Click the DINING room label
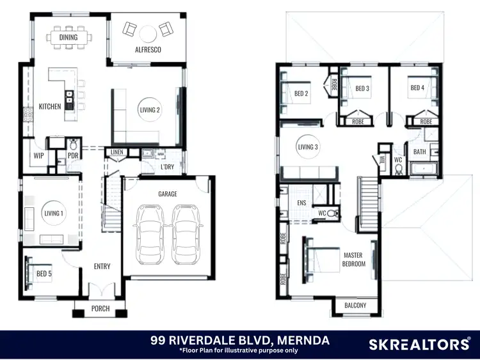[68, 38]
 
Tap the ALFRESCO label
[148, 49]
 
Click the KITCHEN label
[49, 107]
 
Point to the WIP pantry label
[38, 155]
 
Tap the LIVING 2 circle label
[150, 110]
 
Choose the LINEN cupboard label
[117, 152]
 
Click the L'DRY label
[167, 167]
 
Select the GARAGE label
[168, 194]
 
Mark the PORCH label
[100, 309]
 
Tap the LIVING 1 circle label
[53, 214]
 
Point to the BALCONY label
[355, 306]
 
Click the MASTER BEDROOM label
[354, 260]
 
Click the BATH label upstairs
[420, 152]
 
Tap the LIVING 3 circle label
[307, 148]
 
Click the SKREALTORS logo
[419, 345]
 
